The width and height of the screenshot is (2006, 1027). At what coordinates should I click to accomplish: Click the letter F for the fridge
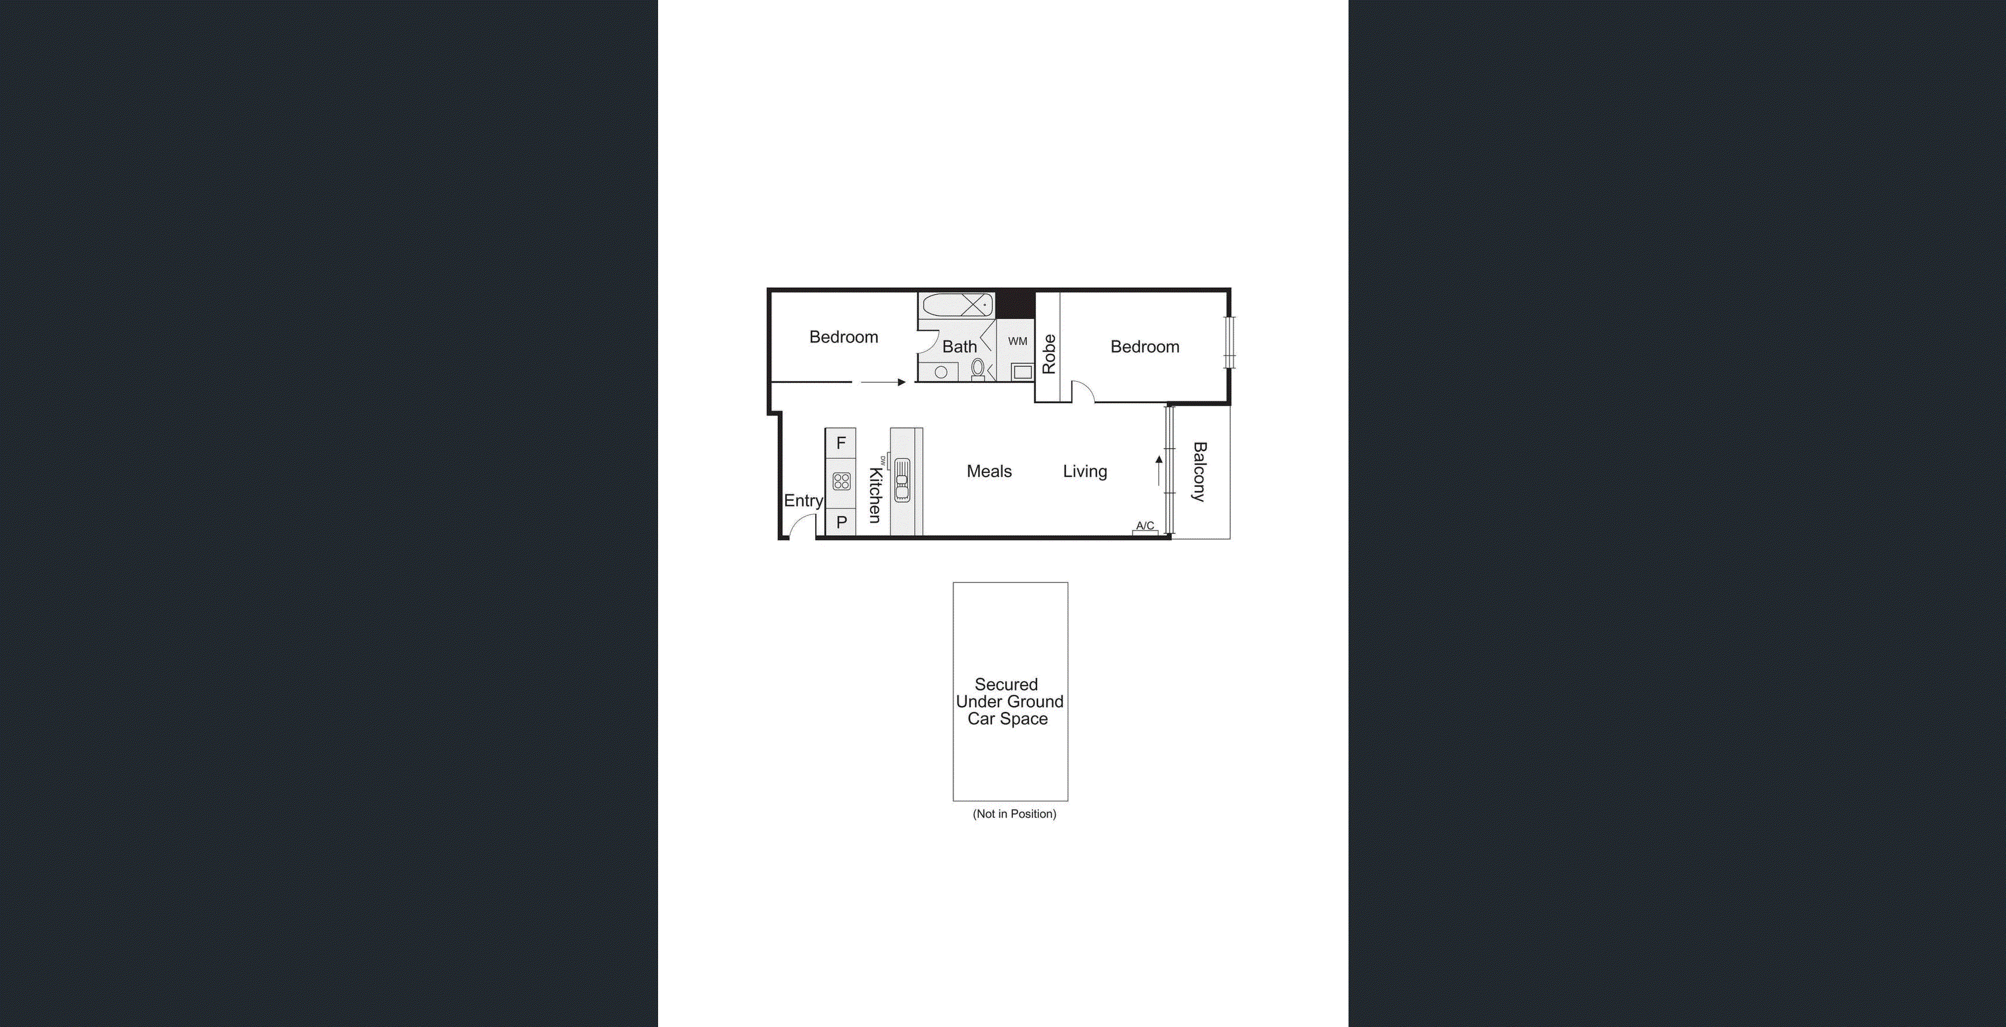(841, 443)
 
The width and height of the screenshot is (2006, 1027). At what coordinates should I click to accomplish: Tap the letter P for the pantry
(841, 523)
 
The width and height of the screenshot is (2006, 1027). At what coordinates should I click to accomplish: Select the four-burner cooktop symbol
(841, 481)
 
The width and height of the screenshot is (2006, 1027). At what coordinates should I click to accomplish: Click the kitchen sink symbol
(902, 480)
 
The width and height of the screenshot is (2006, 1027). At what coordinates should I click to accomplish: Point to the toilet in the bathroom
(978, 369)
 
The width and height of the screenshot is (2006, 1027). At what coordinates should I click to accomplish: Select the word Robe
(1049, 354)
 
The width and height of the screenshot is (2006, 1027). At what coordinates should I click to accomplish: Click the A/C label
(1145, 526)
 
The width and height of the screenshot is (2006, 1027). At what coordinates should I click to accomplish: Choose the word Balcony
(1199, 472)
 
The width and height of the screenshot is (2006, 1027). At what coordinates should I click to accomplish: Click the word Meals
(989, 472)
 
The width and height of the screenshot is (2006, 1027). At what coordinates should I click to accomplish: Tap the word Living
(1085, 472)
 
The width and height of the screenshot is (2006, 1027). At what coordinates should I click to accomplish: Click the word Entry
(803, 501)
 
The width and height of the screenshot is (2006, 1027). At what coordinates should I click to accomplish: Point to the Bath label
(959, 347)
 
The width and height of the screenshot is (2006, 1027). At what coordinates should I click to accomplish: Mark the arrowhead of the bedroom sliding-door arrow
(902, 382)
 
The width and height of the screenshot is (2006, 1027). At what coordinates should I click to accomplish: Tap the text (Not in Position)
(1014, 813)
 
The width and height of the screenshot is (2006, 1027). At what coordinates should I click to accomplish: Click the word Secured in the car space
(1006, 684)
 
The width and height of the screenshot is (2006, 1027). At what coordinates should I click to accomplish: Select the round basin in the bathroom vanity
(941, 372)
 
